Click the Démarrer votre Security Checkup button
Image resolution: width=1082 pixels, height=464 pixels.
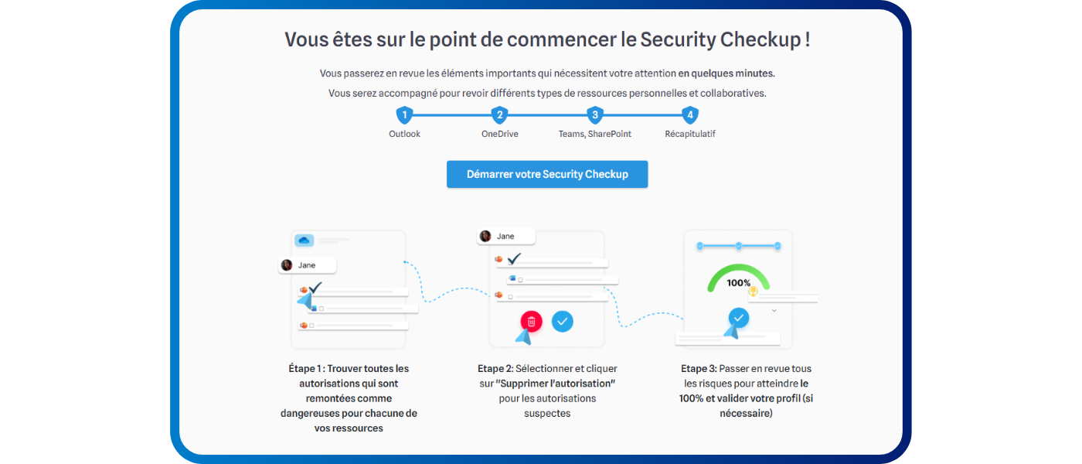click(x=547, y=174)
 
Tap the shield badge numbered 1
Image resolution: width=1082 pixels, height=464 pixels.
click(x=404, y=115)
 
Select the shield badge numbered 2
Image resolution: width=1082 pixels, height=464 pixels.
click(x=499, y=115)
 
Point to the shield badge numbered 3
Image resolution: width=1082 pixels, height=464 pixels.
click(x=594, y=115)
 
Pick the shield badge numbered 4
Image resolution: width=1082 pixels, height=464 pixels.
click(x=689, y=115)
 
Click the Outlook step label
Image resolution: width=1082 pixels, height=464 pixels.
click(x=404, y=134)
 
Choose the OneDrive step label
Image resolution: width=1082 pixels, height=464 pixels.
click(x=499, y=134)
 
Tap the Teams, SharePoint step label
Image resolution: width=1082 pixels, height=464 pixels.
click(x=594, y=134)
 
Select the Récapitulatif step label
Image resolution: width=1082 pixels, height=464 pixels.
click(x=689, y=134)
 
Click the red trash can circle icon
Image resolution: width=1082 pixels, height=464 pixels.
click(x=532, y=322)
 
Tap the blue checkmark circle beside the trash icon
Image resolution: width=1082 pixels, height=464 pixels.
click(x=563, y=322)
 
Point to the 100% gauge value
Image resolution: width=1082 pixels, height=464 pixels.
click(x=738, y=283)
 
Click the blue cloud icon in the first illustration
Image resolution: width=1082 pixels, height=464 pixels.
click(x=304, y=241)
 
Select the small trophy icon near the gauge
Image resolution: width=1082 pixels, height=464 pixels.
click(x=753, y=292)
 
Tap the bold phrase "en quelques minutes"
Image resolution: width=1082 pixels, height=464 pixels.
click(x=726, y=73)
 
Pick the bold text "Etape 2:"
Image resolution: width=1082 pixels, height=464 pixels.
click(x=495, y=369)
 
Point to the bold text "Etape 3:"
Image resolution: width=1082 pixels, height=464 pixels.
click(x=699, y=369)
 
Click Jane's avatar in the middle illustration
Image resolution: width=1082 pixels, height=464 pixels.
click(x=485, y=236)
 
